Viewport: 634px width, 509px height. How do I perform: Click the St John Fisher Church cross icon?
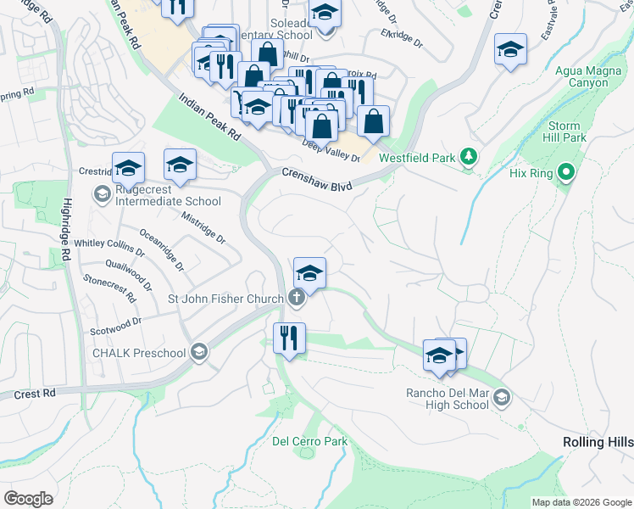tap(296, 298)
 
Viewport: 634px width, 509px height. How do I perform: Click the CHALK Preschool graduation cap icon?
tap(199, 353)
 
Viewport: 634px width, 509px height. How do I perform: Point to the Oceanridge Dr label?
tap(161, 249)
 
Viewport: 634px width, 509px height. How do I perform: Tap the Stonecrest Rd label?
tap(109, 288)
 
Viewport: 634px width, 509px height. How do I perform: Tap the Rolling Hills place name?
tap(598, 442)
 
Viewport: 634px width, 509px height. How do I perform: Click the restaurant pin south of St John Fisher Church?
tap(289, 338)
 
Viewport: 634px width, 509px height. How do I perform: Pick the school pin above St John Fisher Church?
tap(310, 274)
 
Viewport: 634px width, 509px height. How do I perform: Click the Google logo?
tap(29, 499)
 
